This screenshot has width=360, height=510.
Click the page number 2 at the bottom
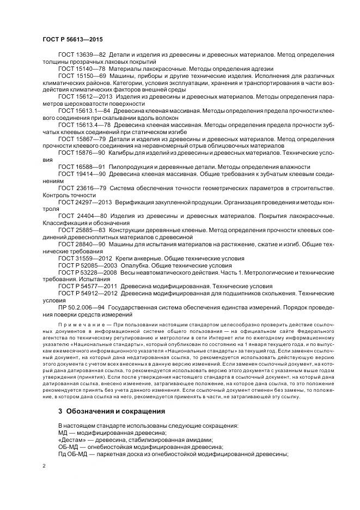pos(44,466)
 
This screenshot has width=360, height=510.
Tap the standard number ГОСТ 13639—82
pos(81,55)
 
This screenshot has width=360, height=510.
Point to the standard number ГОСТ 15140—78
pos(81,69)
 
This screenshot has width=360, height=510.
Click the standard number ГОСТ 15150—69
pos(81,76)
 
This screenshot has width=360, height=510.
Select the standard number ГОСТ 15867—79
pos(81,139)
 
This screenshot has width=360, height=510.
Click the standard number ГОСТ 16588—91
pos(81,166)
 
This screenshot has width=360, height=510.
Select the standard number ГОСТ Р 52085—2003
pos(87,265)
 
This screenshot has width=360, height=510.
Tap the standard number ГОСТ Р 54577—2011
pos(87,286)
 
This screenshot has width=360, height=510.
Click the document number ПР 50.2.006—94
pos(81,308)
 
